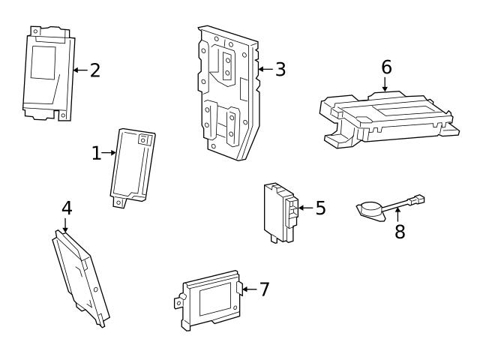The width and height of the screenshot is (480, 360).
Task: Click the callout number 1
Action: pos(96,153)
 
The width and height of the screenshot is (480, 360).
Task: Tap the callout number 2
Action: pos(94,70)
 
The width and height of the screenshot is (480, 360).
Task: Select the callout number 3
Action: pos(280,70)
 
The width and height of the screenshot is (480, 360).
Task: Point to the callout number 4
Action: pos(66,208)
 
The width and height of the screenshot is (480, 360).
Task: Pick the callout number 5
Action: pos(320,208)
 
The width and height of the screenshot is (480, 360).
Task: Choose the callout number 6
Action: pos(386,67)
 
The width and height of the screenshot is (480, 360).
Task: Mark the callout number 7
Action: pos(263,289)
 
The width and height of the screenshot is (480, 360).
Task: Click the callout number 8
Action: pos(400,232)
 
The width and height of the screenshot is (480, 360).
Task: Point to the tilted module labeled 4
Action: pos(79,274)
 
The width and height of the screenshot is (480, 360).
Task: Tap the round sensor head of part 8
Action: pos(369,208)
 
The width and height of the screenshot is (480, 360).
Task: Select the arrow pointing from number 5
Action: pos(305,208)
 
